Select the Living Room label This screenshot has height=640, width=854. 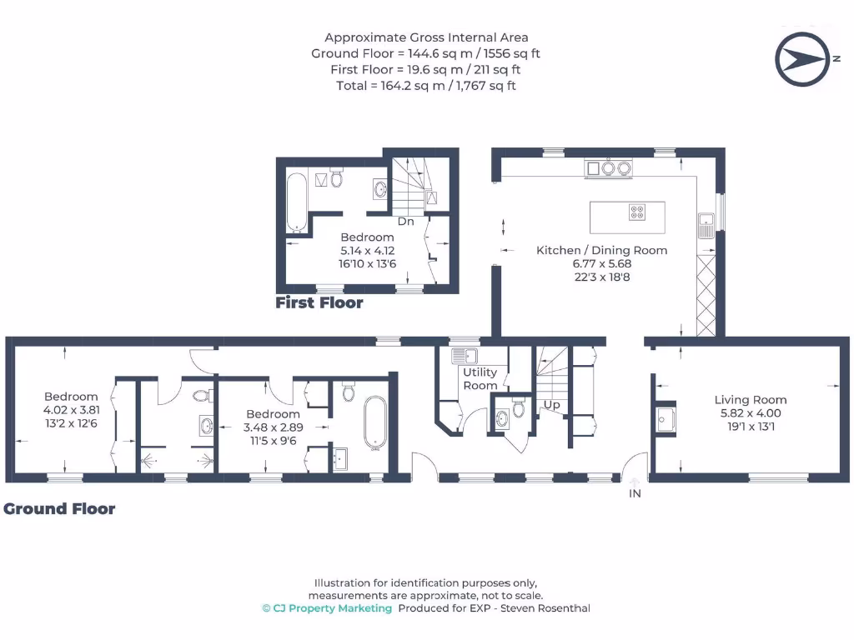point(750,400)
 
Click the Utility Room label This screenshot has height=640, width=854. point(480,379)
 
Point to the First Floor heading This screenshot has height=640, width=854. point(319,303)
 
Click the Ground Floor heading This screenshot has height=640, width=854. point(59,508)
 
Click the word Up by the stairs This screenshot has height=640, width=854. point(551,405)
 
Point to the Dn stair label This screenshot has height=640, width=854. point(405,222)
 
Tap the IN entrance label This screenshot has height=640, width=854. point(635,493)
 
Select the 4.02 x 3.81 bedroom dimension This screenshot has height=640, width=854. point(71,410)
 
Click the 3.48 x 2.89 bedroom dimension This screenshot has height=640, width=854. point(273,427)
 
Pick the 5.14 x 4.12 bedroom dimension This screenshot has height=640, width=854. point(367,251)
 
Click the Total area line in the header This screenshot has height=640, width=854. point(426,85)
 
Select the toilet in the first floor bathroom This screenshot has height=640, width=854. point(337,177)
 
